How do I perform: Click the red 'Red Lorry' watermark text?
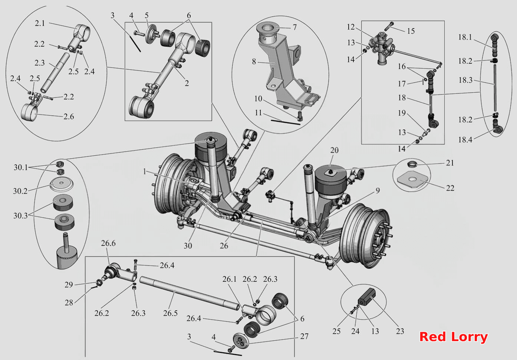[x=453, y=337]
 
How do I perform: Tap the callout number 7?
[x=294, y=27]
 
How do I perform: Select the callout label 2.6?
[x=69, y=116]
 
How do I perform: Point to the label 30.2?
[x=20, y=191]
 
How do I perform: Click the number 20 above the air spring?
[x=334, y=150]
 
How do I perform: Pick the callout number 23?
[x=400, y=331]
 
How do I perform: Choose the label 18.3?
[x=465, y=80]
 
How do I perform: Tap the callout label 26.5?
[x=170, y=313]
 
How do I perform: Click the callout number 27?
[x=304, y=336]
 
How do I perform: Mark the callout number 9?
[x=378, y=191]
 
